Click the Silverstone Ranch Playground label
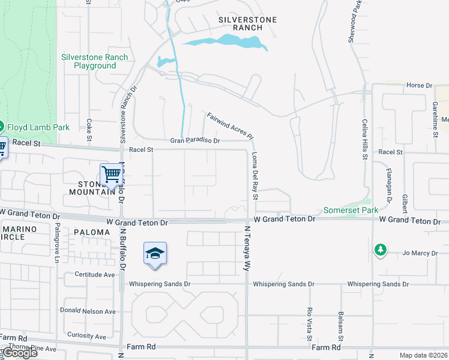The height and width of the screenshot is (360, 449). [x=94, y=61]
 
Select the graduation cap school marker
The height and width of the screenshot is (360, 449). [x=154, y=254]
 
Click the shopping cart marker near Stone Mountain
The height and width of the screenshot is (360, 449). [x=112, y=175]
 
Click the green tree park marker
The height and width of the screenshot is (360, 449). [x=380, y=250]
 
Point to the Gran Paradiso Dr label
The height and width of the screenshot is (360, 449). [x=195, y=140]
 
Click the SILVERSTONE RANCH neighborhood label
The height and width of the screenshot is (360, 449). [x=247, y=23]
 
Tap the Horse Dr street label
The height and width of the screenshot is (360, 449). [x=419, y=85]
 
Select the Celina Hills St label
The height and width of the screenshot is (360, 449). [x=364, y=139]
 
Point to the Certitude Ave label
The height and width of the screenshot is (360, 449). [x=94, y=275]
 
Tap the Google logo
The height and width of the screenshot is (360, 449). [x=20, y=353]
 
